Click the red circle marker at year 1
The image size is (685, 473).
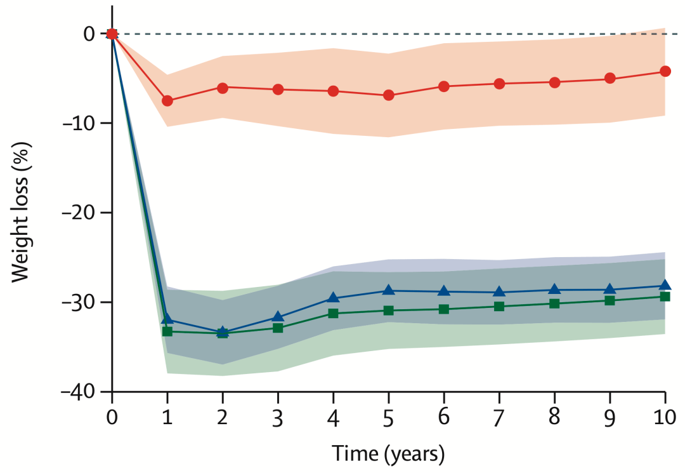167,100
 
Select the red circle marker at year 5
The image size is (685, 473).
389,95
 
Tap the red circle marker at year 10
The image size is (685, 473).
665,71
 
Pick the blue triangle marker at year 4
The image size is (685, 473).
334,298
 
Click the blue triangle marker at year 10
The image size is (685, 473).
665,286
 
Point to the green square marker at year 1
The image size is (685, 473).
167,331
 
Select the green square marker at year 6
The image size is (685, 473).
444,309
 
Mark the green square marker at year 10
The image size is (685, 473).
665,296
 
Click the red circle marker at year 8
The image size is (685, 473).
555,83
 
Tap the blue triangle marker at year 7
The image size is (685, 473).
499,292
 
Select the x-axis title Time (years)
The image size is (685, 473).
388,455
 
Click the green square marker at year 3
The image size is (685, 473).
278,328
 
